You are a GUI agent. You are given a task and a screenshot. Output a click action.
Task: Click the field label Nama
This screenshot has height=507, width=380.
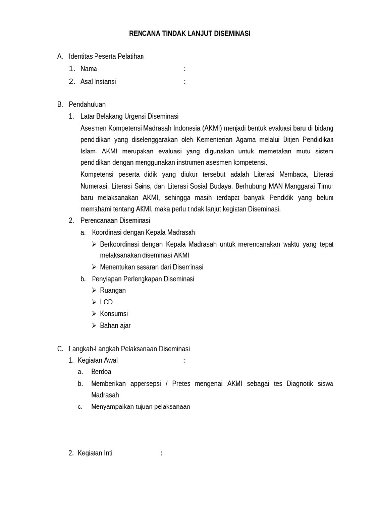coord(89,69)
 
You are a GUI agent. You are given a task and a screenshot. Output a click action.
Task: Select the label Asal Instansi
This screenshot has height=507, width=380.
coord(98,81)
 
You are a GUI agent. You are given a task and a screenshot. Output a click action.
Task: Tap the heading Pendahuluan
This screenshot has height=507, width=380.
coord(87,104)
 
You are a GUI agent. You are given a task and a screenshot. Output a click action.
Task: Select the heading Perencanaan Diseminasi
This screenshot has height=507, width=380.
coord(115,220)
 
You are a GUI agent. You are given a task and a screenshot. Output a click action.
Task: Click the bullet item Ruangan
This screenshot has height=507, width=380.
coord(113,290)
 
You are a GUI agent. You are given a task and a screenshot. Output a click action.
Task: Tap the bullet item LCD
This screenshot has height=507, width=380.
coord(106,302)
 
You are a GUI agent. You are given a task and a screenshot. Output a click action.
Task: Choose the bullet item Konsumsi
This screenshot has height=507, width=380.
coord(114,314)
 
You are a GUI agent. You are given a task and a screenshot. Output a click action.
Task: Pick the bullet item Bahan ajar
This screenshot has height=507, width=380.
coord(115,326)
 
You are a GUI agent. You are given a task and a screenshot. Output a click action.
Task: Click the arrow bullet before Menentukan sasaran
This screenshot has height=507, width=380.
coord(94,267)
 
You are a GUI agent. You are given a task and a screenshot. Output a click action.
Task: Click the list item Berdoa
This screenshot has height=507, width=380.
coord(101,372)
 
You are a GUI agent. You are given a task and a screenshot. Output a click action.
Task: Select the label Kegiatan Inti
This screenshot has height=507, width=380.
coord(95,453)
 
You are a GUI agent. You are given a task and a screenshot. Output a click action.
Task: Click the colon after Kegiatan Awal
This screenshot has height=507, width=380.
coord(185,360)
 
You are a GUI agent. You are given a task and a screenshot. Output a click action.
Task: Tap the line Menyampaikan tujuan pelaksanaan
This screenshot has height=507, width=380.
coord(140,406)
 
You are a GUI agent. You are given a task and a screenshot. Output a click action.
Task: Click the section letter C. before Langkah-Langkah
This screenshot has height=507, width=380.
coord(60,349)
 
